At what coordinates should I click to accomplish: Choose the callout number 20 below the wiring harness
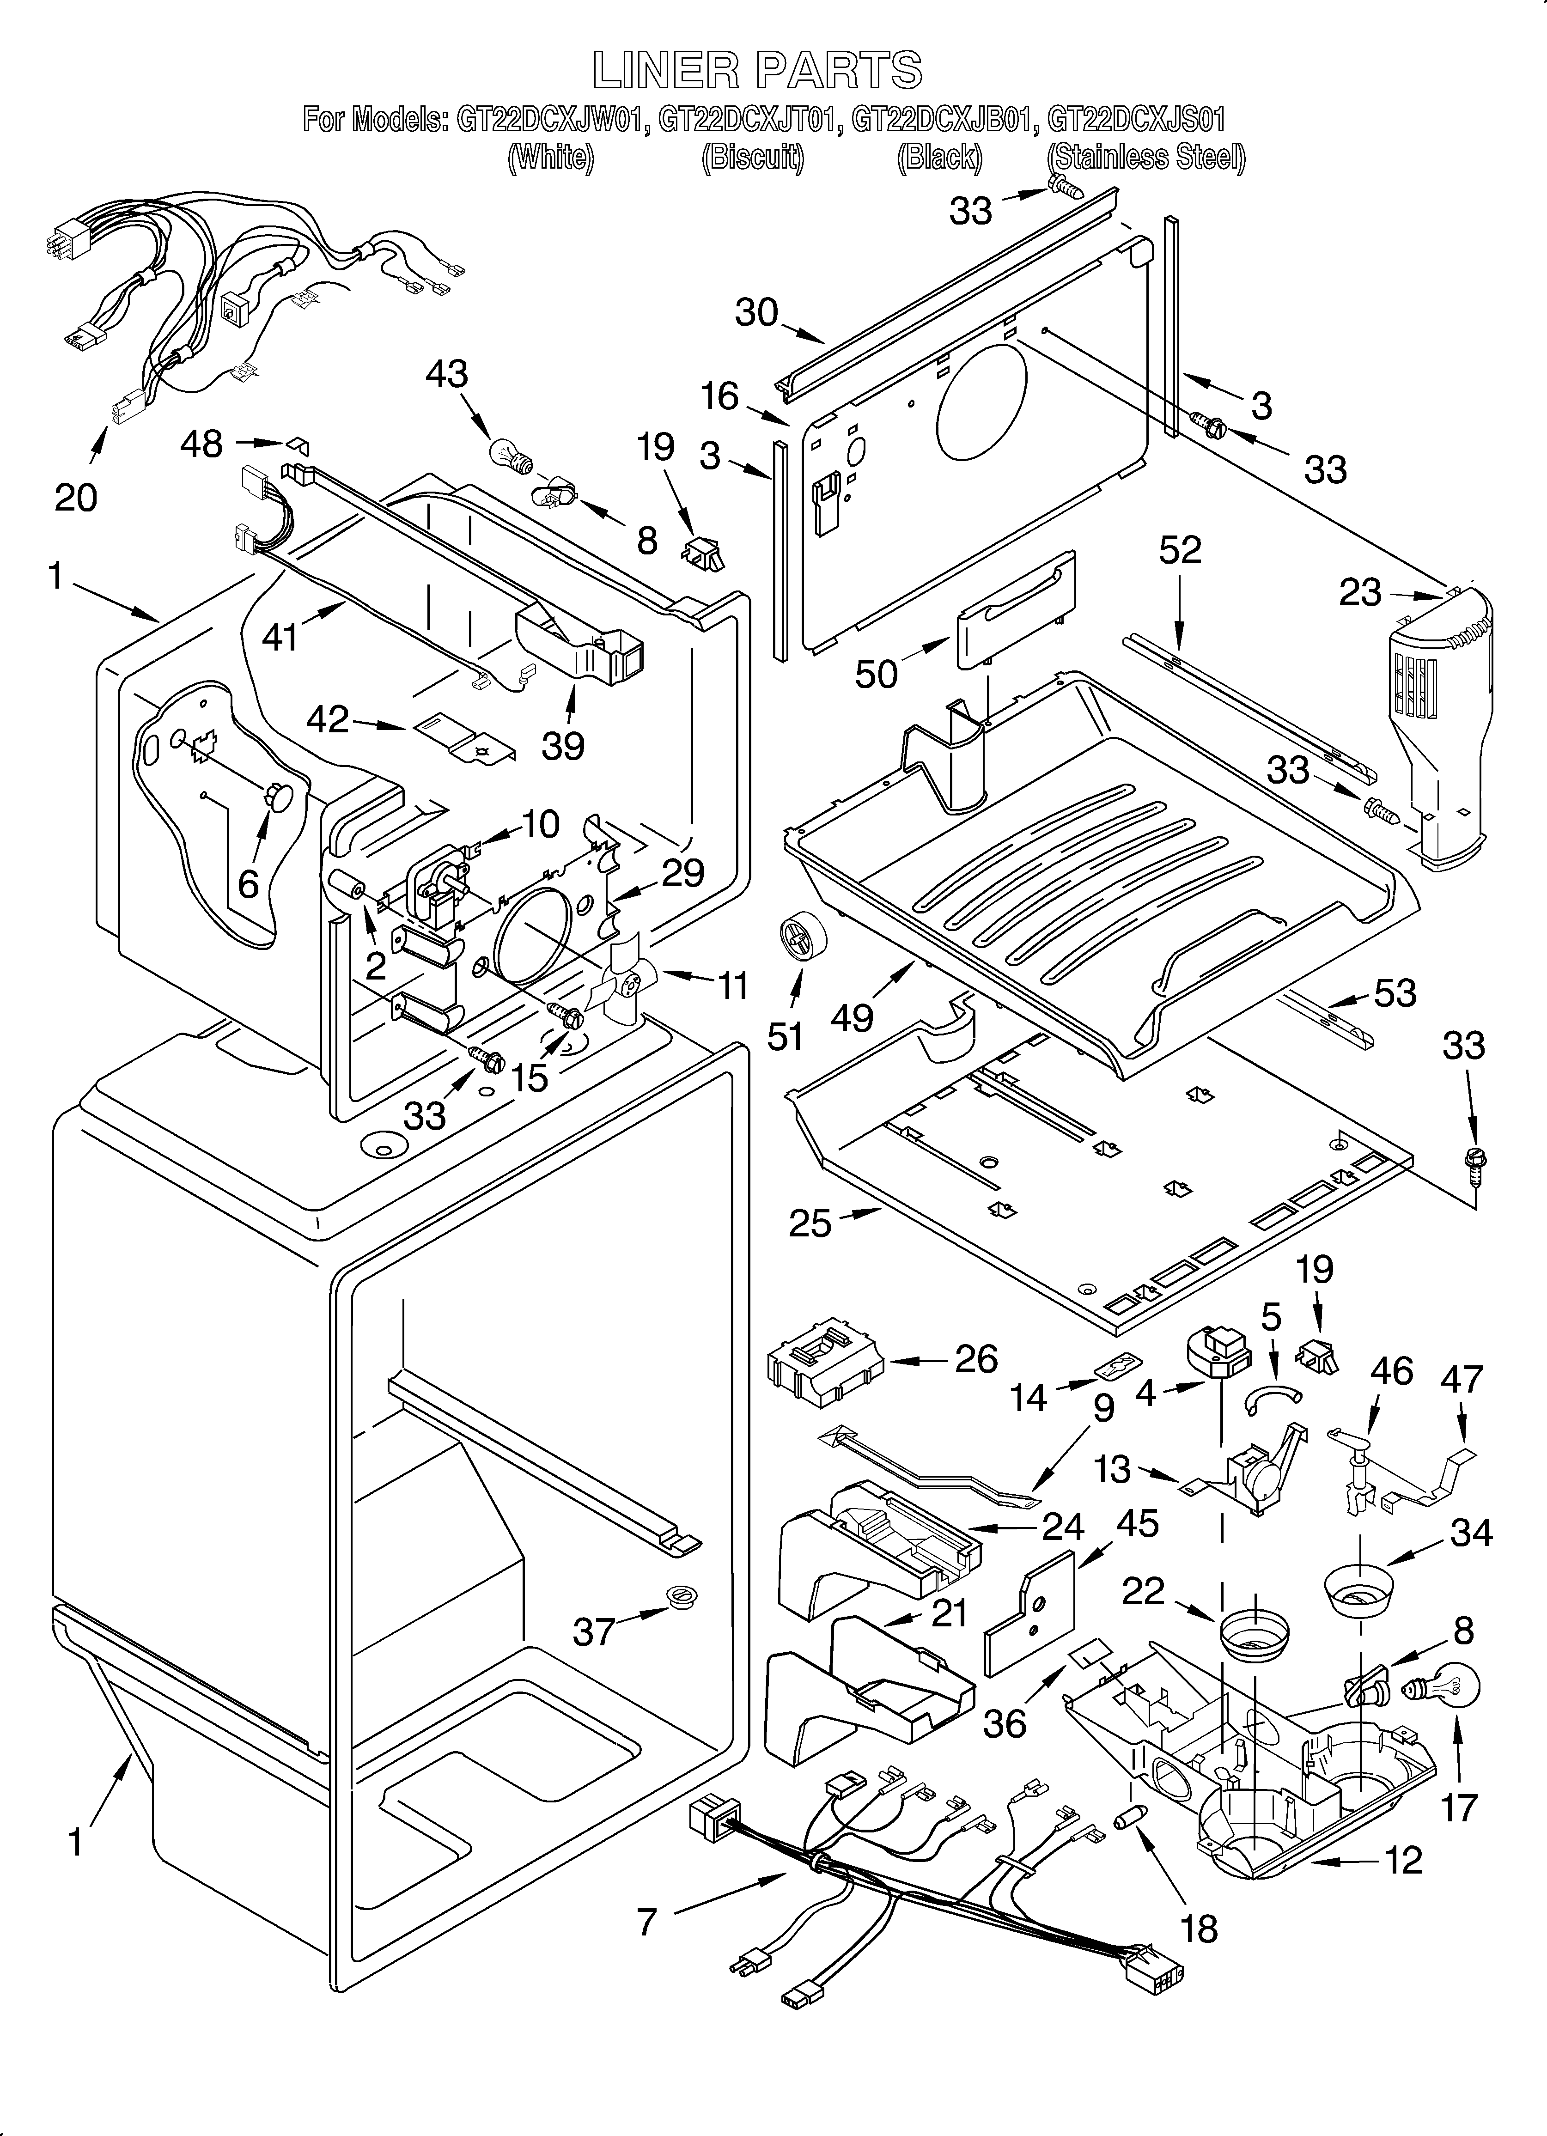(75, 497)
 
